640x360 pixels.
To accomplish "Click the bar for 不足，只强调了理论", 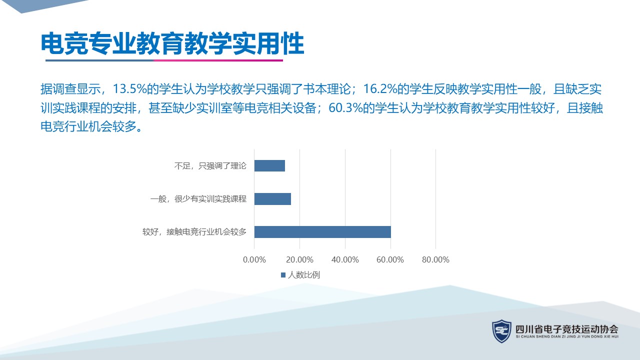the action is coord(269,165).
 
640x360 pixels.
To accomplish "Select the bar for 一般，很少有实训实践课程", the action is coord(272,199).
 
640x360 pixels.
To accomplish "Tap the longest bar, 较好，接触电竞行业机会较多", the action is coord(322,232).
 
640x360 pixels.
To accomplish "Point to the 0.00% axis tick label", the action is coord(254,259).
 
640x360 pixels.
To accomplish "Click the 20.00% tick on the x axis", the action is coord(299,259).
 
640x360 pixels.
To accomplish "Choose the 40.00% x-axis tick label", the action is coord(345,259).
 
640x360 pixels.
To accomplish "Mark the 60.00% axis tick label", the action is coord(390,259).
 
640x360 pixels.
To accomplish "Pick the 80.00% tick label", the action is coord(435,259).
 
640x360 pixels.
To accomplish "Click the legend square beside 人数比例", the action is coord(283,275).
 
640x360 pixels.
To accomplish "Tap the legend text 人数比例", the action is coord(304,275).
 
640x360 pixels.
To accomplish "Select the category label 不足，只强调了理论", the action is coord(210,166).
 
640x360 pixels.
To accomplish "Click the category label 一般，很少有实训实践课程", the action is coord(198,199).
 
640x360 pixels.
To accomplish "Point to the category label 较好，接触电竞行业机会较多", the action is coord(194,231).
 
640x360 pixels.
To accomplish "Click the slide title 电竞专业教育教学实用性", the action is coord(172,43).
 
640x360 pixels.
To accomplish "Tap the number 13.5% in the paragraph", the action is coord(129,89).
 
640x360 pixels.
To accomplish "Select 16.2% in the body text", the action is coord(380,89).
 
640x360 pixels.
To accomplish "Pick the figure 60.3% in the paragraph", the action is coord(345,108).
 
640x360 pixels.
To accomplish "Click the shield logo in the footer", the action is coord(501,331).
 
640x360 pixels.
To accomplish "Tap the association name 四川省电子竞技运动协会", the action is coord(567,329).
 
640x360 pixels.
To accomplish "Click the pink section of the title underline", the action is coord(218,60).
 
